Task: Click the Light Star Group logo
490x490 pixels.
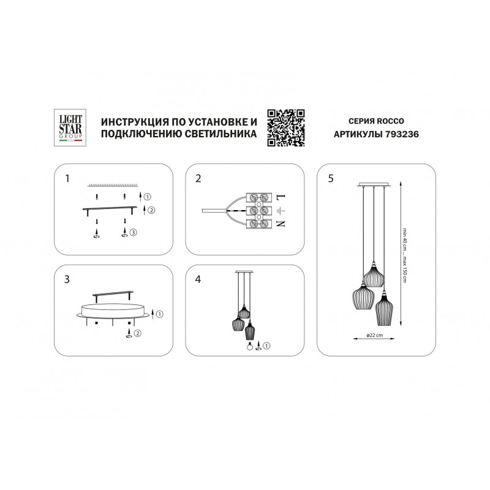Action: click(70, 127)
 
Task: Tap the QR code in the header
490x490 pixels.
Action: click(286, 128)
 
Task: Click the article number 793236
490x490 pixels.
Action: click(402, 134)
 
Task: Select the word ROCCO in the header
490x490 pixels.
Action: click(390, 121)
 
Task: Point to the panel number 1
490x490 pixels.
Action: click(67, 178)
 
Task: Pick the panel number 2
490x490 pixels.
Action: click(198, 178)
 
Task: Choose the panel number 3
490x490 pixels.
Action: click(67, 279)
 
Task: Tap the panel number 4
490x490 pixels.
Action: click(198, 279)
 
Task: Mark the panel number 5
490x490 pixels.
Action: click(331, 178)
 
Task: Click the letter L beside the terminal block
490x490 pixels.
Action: click(281, 197)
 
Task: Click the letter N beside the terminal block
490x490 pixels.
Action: click(281, 224)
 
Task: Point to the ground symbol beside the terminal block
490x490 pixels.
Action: click(281, 211)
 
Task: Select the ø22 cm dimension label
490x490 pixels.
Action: click(374, 335)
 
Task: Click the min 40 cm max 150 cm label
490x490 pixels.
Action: click(404, 255)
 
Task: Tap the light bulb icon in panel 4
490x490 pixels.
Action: click(250, 347)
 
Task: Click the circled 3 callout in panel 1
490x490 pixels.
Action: click(134, 232)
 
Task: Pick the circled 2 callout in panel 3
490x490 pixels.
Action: click(137, 333)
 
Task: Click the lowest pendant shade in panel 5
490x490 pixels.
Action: click(384, 309)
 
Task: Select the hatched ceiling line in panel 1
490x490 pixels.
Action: click(113, 186)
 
